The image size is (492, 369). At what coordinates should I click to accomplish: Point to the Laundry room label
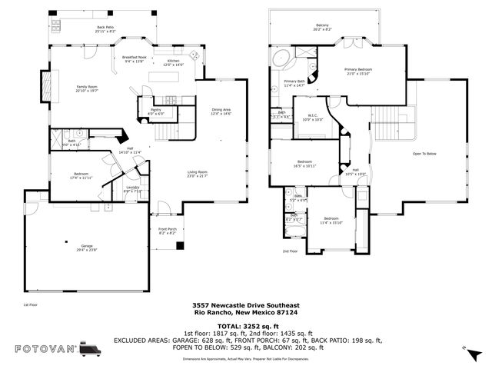tap(132, 189)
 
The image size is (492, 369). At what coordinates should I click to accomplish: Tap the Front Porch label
tap(168, 231)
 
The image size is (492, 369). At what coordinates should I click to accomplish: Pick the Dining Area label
tap(221, 111)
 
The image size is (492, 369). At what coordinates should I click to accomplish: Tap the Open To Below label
tap(424, 154)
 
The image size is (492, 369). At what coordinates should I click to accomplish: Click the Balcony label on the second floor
tap(323, 28)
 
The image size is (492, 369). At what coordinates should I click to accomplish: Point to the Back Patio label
tap(105, 29)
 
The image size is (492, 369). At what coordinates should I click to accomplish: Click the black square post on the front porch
tap(181, 246)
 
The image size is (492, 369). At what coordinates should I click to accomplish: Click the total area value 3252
tap(251, 327)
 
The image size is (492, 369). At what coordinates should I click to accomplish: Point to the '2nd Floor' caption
tap(290, 251)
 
